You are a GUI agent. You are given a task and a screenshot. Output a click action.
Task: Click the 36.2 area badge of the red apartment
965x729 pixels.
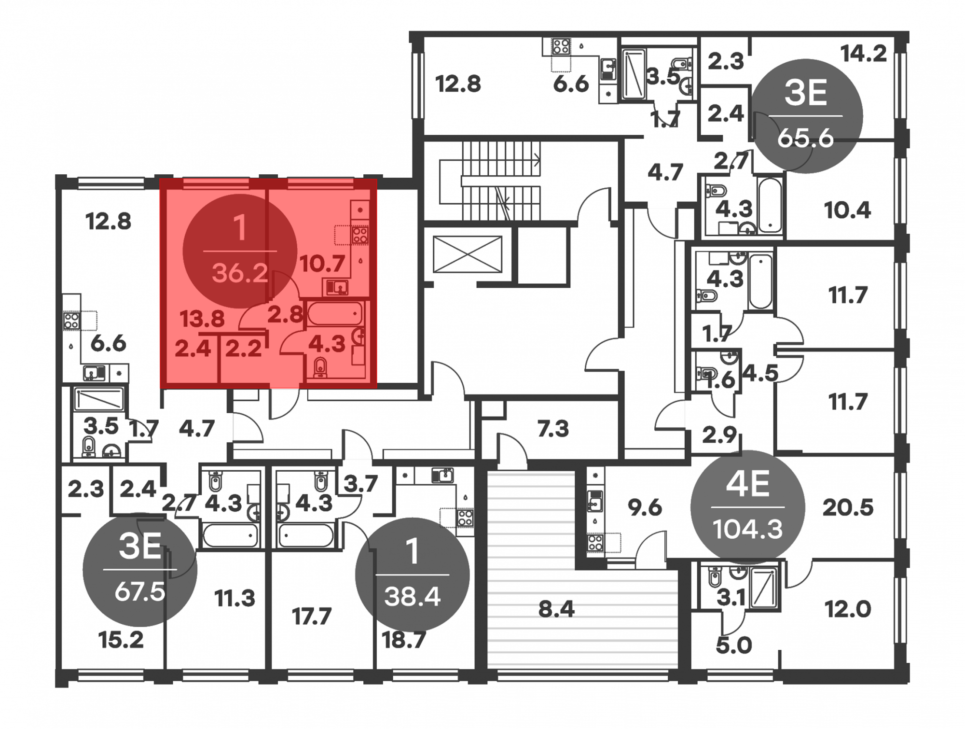(x=239, y=251)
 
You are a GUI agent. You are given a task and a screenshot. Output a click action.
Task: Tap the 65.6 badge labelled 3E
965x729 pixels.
(x=805, y=116)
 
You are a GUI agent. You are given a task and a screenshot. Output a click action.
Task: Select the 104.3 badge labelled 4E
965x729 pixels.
(x=747, y=507)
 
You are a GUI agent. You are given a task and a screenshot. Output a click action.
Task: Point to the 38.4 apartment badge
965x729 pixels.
(x=412, y=575)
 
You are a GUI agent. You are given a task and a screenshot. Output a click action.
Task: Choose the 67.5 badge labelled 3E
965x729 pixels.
(x=140, y=570)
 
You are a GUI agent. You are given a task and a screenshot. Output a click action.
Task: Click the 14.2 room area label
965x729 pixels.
(x=863, y=54)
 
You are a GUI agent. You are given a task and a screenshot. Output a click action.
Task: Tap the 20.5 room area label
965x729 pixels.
(x=848, y=508)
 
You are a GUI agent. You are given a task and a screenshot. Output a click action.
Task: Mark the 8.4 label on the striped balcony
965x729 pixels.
(x=556, y=609)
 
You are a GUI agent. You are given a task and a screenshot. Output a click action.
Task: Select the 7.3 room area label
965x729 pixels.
(x=553, y=429)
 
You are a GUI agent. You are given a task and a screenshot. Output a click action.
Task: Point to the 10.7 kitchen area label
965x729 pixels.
(x=322, y=264)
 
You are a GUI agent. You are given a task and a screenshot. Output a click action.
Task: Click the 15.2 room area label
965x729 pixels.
(x=121, y=640)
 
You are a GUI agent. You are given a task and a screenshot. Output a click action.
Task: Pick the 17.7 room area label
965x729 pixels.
(x=311, y=617)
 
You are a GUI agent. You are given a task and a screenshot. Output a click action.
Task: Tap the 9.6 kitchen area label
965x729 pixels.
(x=645, y=508)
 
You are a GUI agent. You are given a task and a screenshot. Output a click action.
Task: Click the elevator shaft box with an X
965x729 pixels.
(x=468, y=254)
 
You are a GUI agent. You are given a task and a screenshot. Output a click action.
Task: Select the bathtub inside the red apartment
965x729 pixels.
(x=335, y=314)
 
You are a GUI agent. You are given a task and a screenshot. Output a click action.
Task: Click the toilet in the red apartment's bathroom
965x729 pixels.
(x=320, y=367)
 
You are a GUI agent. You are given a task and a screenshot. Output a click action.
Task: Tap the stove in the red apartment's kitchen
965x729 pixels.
(x=359, y=235)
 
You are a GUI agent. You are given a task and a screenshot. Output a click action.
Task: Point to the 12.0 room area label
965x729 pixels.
(x=848, y=609)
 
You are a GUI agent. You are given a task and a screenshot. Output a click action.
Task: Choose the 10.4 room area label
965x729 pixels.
(x=847, y=210)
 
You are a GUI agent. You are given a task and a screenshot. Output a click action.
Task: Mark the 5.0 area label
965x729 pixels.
(x=733, y=645)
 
